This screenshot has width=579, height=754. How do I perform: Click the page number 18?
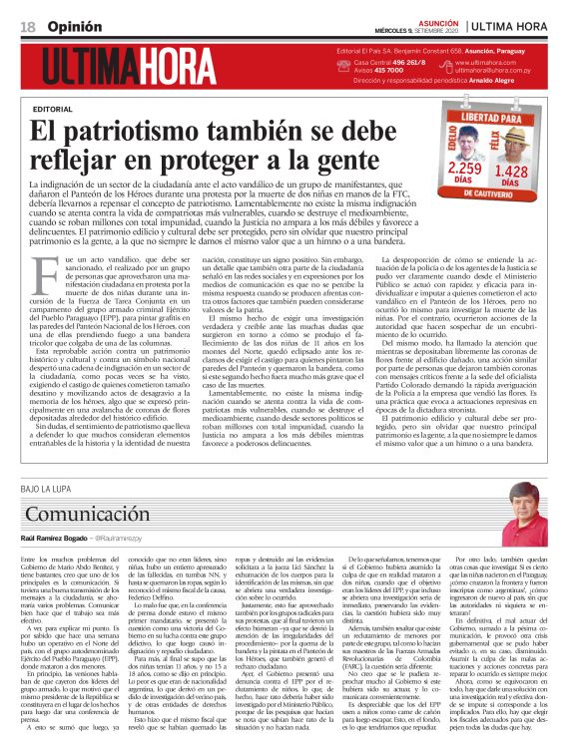click(x=26, y=22)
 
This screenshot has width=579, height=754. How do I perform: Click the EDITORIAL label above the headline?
click(x=53, y=107)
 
